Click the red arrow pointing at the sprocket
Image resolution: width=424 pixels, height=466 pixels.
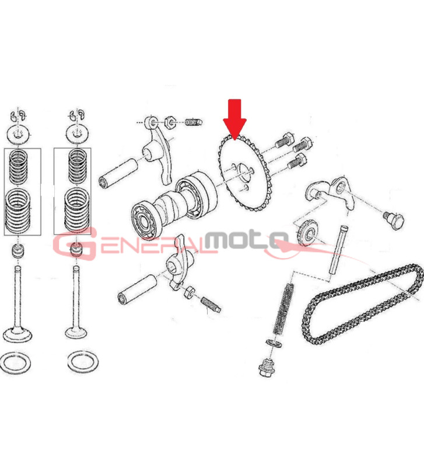234,119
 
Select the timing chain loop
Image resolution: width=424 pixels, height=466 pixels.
363,302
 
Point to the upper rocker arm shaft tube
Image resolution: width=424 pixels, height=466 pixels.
118,174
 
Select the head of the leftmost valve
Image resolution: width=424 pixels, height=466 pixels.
17,334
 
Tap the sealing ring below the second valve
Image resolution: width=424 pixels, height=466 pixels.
83,362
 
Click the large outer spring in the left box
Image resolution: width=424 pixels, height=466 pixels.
17,210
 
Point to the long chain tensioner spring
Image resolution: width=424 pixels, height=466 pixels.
283,309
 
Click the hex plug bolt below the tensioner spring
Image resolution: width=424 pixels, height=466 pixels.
267,368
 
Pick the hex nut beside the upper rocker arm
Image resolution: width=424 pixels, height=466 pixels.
171,122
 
